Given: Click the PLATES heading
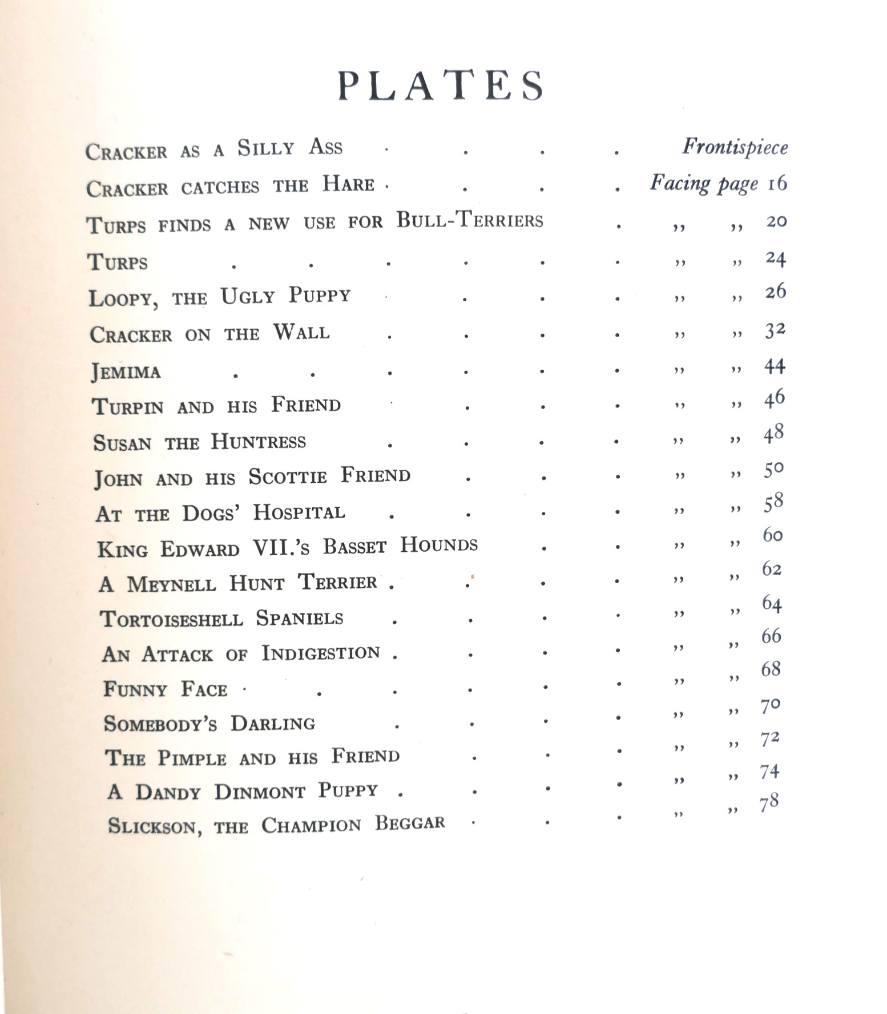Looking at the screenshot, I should coord(441,87).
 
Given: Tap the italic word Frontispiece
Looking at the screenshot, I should coord(735,147).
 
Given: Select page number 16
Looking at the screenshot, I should coord(777,184).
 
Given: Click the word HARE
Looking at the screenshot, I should coord(348,184).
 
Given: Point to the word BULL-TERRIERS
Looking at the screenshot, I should coord(470,220).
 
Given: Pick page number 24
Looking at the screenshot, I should coord(776,259).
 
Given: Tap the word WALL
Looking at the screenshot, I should coord(301,333).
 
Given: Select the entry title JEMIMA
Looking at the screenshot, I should coord(126,372).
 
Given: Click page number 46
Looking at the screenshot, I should coord(775,398).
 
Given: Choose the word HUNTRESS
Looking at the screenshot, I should coord(258,442).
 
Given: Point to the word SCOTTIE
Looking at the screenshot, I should coord(288,476).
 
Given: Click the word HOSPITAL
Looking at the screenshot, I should coord(299,512).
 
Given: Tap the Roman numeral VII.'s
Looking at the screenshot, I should coord(281,548).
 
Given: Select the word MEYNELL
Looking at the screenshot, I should coord(171,584).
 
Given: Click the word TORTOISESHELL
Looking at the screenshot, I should coord(172,619).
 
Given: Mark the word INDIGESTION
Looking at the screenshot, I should coord(321,653).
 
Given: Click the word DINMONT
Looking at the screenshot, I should coord(260,792).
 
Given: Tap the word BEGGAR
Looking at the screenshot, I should coord(409,823).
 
